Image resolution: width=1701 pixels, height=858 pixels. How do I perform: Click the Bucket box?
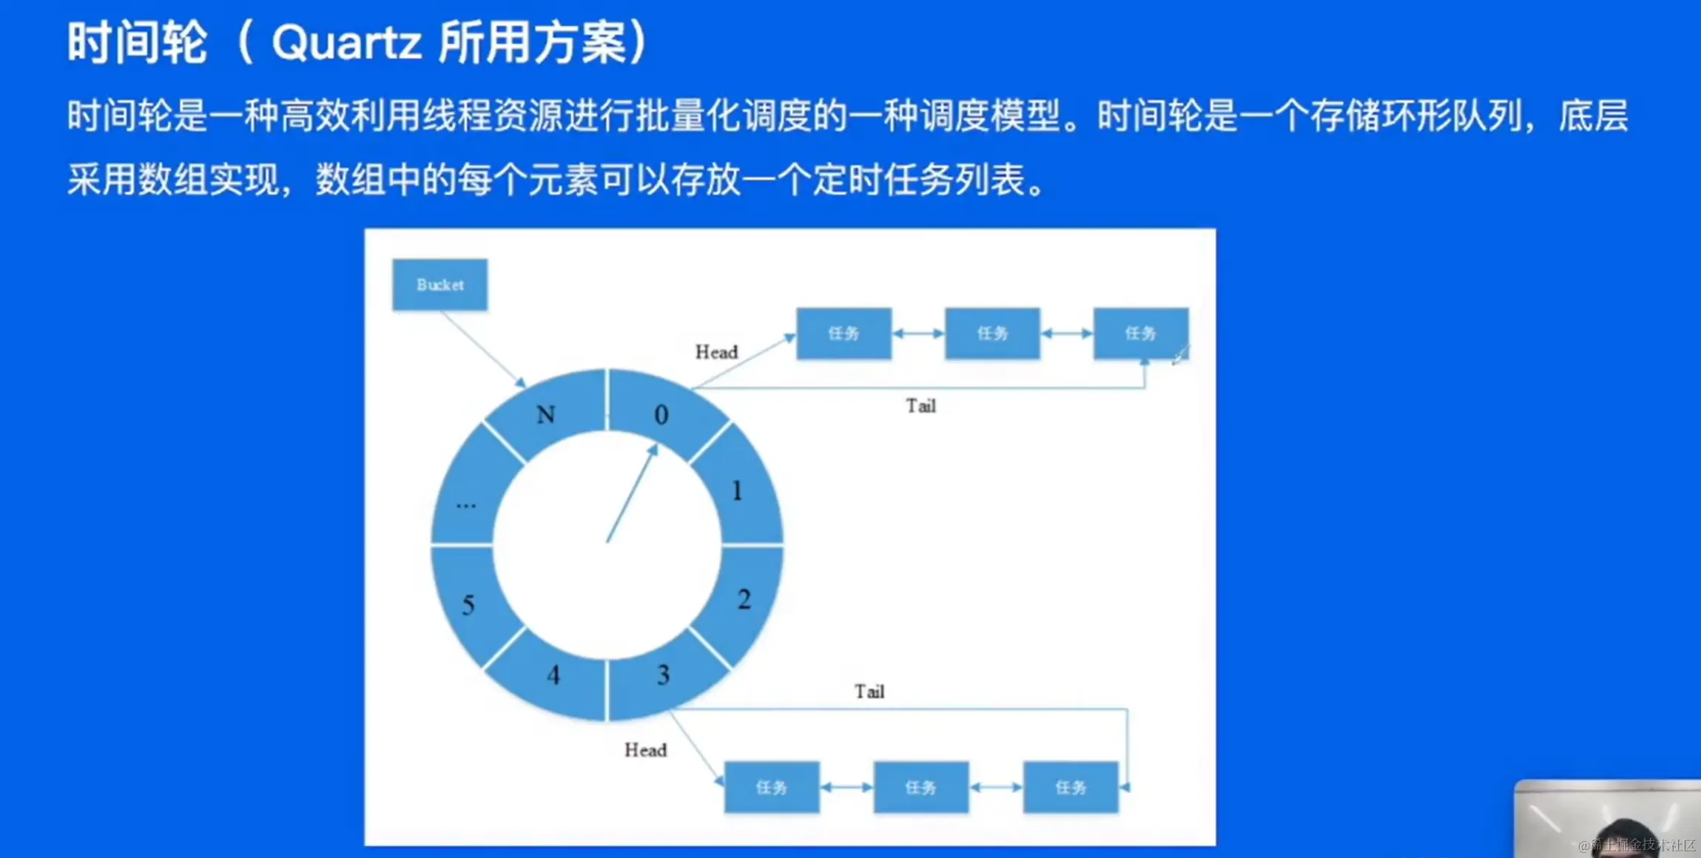click(x=439, y=285)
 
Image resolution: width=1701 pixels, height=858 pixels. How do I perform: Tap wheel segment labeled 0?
click(x=661, y=414)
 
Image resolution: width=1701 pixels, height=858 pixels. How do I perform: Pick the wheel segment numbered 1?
click(x=738, y=490)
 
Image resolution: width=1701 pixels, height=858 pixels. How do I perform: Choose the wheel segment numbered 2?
click(x=744, y=599)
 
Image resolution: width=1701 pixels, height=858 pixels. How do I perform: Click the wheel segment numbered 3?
click(x=664, y=675)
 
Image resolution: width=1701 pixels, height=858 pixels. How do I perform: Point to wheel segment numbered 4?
click(x=553, y=675)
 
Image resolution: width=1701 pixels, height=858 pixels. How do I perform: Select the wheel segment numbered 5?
click(x=468, y=605)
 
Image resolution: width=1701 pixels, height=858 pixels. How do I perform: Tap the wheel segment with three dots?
click(x=465, y=505)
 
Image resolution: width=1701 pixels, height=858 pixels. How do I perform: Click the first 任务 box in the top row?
click(x=843, y=334)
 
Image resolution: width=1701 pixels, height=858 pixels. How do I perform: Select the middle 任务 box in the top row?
click(x=992, y=334)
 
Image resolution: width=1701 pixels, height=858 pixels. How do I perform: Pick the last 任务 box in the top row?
click(x=1140, y=334)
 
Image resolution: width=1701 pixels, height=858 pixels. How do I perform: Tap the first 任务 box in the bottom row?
click(x=772, y=788)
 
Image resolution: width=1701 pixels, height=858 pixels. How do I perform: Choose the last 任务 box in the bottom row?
click(x=1071, y=788)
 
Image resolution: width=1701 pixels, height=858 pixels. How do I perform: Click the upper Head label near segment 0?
click(x=716, y=352)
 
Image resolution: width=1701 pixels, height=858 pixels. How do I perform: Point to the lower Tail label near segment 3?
click(x=869, y=692)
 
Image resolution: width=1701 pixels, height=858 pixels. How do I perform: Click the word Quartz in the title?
click(x=346, y=42)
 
